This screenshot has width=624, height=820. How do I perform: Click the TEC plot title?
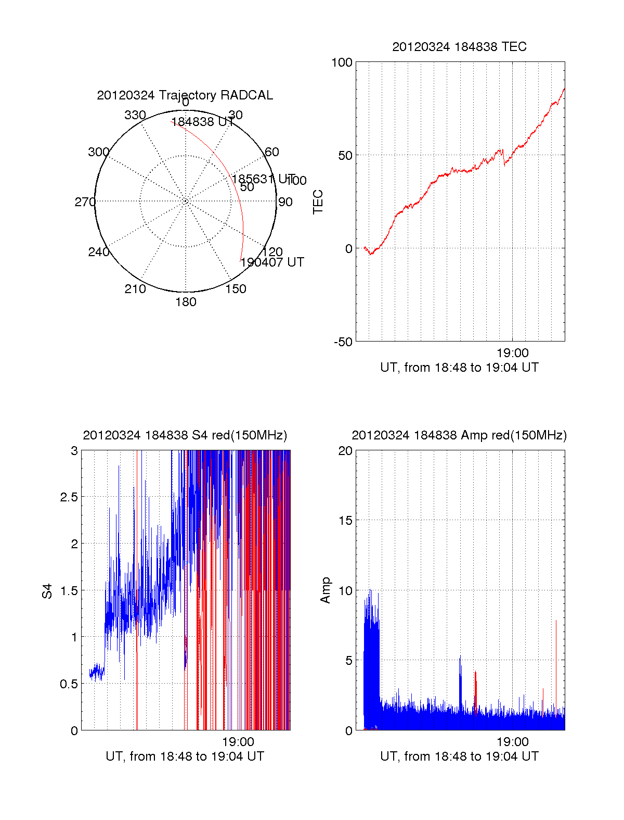459,47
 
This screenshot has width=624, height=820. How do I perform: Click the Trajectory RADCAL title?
185,95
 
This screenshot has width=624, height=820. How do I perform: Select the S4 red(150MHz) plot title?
185,435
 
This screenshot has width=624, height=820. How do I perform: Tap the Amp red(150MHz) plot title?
459,435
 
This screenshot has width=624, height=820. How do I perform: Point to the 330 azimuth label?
135,115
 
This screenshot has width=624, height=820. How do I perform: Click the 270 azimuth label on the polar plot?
85,202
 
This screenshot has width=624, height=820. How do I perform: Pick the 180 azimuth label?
186,302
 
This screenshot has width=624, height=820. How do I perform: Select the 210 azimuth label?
135,289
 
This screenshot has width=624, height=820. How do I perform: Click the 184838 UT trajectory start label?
202,122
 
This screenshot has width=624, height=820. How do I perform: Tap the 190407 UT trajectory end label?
272,262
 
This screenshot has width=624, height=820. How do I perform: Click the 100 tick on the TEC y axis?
342,62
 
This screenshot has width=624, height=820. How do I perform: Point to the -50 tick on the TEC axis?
343,342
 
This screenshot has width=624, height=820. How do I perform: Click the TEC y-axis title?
318,202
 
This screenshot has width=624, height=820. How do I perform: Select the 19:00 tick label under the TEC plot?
512,354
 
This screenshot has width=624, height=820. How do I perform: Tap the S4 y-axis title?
47,591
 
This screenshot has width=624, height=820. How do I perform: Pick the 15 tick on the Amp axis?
345,521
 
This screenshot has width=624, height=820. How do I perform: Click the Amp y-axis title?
326,590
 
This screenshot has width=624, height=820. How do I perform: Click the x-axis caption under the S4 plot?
185,756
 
